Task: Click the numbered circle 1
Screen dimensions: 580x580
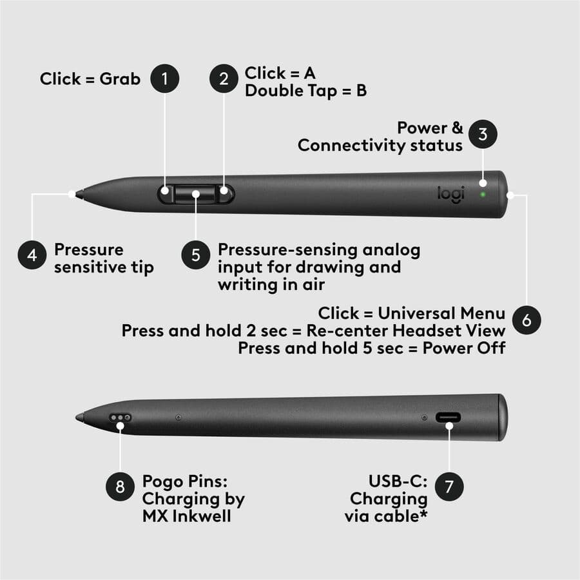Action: (x=164, y=79)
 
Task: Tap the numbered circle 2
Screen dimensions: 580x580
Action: (x=224, y=79)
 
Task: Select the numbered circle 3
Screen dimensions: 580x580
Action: (x=483, y=134)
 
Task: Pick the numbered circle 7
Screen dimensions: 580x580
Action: (x=449, y=487)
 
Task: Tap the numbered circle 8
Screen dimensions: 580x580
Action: (x=120, y=487)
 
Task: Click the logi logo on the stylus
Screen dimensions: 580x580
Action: (x=450, y=194)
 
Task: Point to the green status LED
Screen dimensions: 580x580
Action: (x=482, y=193)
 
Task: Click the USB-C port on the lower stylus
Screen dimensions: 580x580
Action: (x=449, y=418)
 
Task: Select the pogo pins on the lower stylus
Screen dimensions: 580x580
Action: (x=121, y=418)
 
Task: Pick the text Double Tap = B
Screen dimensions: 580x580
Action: (x=305, y=90)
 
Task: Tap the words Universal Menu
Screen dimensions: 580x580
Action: (x=441, y=314)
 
